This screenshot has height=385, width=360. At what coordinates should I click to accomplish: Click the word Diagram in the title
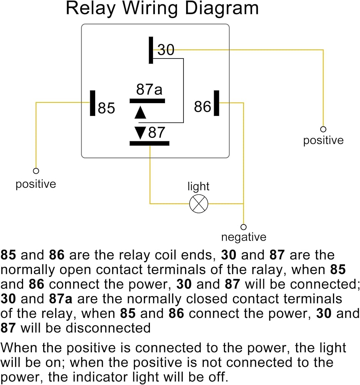pos(222,9)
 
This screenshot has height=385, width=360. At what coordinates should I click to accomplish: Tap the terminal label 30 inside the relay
pos(166,50)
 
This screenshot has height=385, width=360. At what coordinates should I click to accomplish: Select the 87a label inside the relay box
pos(149,89)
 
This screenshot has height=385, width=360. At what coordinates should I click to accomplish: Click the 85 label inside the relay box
pos(106,108)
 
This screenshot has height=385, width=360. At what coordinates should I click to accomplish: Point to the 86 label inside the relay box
pos(202,107)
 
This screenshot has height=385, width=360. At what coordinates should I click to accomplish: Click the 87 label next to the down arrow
pos(156,132)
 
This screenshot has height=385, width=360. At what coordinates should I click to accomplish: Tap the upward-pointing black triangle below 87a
pos(140,113)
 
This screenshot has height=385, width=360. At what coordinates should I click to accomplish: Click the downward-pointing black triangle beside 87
pos(140,133)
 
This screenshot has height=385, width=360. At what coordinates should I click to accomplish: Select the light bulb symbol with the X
pos(199,204)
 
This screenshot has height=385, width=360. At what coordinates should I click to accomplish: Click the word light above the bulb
pos(198,186)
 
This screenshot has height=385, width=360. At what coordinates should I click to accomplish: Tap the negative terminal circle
pos(244,227)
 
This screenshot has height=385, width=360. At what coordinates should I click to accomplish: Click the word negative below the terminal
pos(244,237)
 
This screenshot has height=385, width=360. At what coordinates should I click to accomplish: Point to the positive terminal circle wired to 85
pos(36,171)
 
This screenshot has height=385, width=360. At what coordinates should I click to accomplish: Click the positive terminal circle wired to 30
pos(323,129)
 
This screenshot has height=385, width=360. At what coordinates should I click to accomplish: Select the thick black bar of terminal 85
pos(93,103)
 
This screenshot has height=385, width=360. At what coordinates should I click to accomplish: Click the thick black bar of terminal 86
pos(217,103)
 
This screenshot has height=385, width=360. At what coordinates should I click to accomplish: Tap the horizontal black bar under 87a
pos(147,101)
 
